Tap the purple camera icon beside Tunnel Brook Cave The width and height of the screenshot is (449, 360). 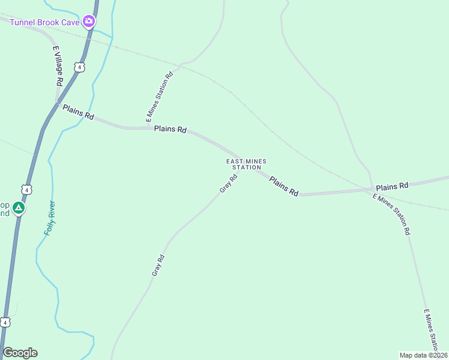[x=89, y=22]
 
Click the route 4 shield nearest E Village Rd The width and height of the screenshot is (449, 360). [x=79, y=67]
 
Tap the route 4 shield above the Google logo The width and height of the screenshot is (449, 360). [x=5, y=322]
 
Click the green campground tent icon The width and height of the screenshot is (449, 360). [x=19, y=208]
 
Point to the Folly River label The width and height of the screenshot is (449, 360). [x=50, y=217]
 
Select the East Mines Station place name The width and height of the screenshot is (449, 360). [x=246, y=164]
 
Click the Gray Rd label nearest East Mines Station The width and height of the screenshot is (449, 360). [x=226, y=183]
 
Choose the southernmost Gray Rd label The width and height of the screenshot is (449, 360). [x=158, y=265]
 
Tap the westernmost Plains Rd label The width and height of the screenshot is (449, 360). [x=78, y=112]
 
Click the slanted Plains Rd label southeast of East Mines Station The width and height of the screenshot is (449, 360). [x=283, y=187]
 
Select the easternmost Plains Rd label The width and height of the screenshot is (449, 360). [x=392, y=186]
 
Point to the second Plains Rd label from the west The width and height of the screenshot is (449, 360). [x=170, y=129]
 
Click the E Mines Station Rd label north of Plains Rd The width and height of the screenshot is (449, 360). [x=160, y=95]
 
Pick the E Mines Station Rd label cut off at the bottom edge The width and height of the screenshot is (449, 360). [x=431, y=330]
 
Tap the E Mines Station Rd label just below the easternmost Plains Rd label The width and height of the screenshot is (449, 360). [x=391, y=214]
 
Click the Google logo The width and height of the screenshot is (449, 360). [x=20, y=353]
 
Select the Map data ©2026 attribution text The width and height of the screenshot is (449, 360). [x=423, y=355]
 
